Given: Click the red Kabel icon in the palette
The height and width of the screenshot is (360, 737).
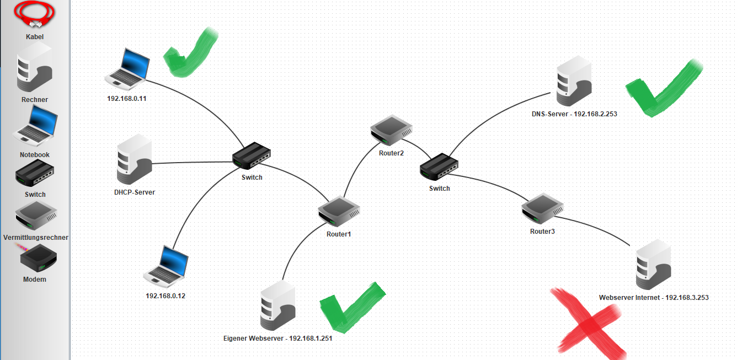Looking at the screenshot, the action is (34, 14).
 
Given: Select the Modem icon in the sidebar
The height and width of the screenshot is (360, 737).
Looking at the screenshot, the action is (39, 259).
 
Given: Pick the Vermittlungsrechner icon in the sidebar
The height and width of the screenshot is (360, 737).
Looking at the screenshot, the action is (36, 216).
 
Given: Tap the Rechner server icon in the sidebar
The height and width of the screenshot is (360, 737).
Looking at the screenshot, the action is (35, 67).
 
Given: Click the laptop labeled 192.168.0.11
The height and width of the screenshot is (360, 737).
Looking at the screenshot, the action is (127, 69).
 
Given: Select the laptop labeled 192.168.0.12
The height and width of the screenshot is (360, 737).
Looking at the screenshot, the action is (166, 267).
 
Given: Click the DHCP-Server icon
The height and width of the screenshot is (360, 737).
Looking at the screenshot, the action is (134, 159).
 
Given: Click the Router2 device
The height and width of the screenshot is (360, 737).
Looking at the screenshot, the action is (391, 131).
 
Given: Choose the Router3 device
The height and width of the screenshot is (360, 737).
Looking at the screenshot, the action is (543, 208).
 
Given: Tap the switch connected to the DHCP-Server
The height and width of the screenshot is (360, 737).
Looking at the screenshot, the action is (252, 155).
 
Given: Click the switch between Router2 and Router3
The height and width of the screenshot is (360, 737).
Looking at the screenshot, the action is (439, 166).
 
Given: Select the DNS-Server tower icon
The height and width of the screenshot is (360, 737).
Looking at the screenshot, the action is (574, 81).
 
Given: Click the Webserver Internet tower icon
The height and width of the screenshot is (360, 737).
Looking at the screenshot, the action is (654, 265).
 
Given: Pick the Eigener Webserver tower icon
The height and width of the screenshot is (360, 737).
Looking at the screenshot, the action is (278, 305).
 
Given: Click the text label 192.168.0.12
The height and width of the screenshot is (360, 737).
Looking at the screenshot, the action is (165, 296).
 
